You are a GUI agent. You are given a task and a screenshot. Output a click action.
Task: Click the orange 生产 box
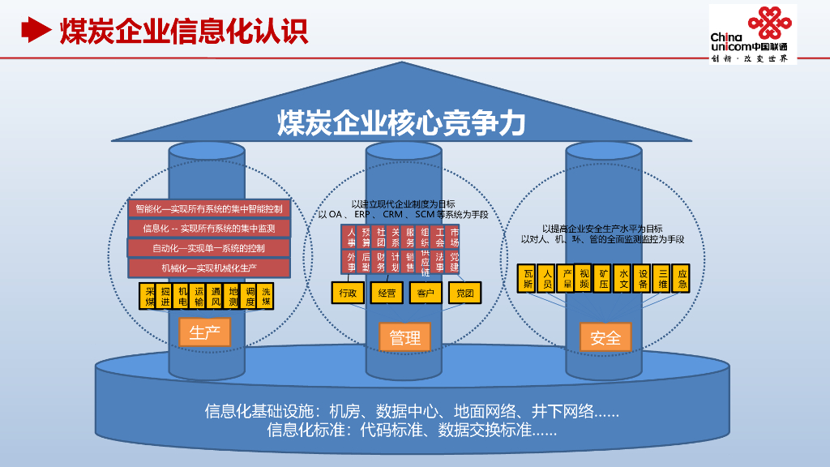tap(204, 332)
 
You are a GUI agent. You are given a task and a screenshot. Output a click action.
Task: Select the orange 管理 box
tap(405, 337)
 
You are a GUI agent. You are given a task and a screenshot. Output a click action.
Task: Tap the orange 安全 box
tap(605, 337)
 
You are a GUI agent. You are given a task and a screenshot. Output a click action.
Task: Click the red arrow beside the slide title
tap(35, 30)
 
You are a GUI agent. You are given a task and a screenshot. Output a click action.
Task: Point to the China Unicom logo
tap(753, 32)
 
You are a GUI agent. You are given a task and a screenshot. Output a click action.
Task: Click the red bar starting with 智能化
tap(209, 209)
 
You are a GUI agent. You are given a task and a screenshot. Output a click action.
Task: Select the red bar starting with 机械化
tap(209, 268)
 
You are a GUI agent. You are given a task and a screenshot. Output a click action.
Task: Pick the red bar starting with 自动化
tap(209, 248)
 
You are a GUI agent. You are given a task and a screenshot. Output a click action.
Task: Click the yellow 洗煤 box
tap(267, 296)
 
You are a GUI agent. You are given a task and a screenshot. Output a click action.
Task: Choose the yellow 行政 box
tap(348, 293)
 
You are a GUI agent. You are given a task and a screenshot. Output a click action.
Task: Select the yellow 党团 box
tap(465, 293)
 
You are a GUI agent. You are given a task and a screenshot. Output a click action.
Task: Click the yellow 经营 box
tap(387, 293)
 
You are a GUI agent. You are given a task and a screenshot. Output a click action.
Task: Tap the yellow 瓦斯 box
tap(528, 278)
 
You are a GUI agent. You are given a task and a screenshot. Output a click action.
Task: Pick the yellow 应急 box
tap(682, 278)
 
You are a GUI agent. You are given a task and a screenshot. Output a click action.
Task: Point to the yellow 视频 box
tap(584, 278)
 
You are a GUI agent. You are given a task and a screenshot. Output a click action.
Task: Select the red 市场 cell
tap(455, 238)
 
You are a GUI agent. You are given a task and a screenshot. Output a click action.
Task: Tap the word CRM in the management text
tap(393, 215)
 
